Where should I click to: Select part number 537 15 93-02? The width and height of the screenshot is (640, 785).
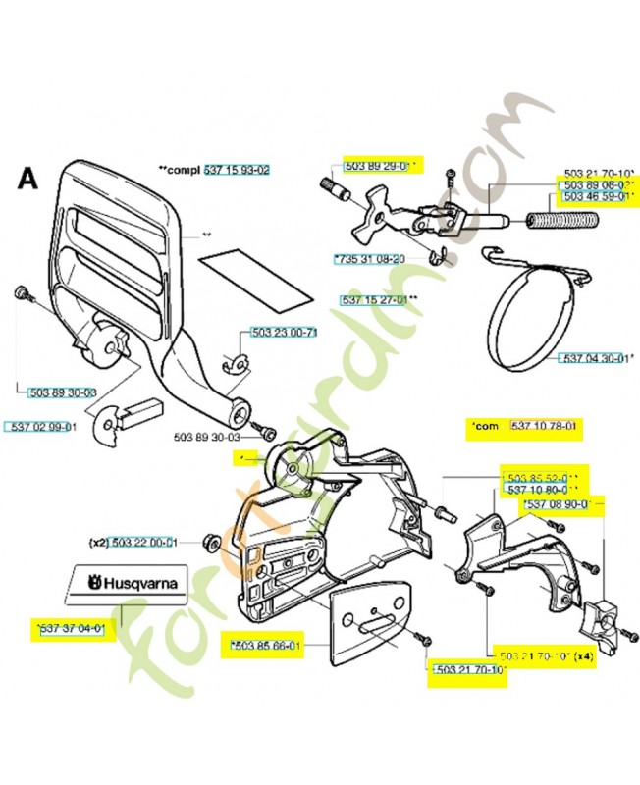click(x=237, y=170)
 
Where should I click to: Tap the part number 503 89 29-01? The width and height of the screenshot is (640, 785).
click(x=380, y=165)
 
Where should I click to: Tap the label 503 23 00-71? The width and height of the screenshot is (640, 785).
click(x=284, y=333)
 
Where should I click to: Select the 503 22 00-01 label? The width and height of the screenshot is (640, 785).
click(x=143, y=542)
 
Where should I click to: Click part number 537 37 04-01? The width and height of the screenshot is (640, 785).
click(x=73, y=625)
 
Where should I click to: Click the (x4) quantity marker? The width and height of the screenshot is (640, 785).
click(x=583, y=655)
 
